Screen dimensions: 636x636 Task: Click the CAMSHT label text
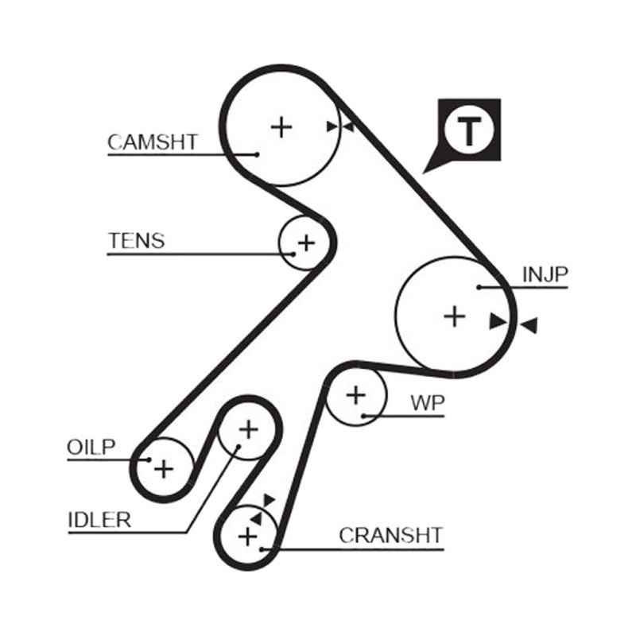153,142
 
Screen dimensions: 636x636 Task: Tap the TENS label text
137,241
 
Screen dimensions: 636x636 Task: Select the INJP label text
545,274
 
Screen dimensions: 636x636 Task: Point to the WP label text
428,403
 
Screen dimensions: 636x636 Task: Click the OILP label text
91,447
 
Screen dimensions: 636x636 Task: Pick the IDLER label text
100,520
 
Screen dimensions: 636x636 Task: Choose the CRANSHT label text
390,535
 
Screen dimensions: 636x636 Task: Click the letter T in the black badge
469,130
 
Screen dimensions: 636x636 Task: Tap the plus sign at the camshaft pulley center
281,127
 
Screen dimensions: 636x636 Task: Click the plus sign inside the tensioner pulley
306,243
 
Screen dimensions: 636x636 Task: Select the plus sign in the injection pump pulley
455,316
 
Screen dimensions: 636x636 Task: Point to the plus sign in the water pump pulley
356,395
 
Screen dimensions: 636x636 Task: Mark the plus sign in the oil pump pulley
164,470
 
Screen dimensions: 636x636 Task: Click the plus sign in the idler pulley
249,430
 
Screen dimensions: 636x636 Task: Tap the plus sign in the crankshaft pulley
248,537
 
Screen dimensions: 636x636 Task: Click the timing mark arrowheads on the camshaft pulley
340,126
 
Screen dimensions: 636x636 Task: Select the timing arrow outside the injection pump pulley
529,325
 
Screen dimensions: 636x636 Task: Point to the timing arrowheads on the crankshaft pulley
262,509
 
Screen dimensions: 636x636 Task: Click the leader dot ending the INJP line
479,287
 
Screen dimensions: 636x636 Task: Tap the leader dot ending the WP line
364,416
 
